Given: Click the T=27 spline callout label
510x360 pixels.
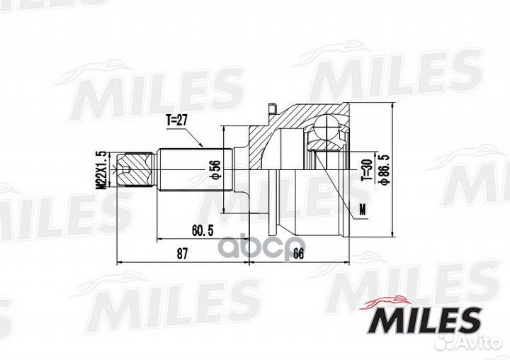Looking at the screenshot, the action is pos(177,121).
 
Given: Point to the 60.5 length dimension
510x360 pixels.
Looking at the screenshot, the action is pos(203,231).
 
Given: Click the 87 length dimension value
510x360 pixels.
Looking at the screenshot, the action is pos(182,254).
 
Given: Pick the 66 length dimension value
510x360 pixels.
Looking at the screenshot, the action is pos(298,254).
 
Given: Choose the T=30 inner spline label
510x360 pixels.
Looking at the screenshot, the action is pos(366,169).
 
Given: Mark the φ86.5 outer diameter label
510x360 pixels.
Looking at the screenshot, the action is pos(385,169).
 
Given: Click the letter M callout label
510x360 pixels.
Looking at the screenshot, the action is pos(363,210).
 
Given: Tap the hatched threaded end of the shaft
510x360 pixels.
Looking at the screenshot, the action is pos(135,169).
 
